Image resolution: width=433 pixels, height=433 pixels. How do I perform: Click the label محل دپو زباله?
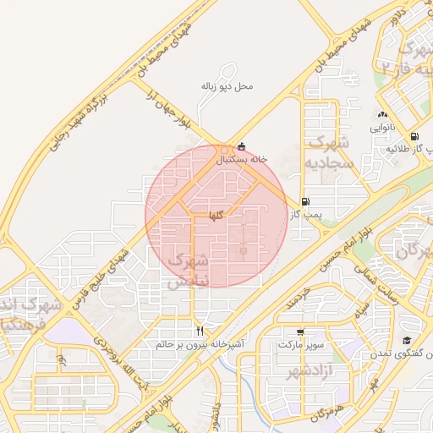[x=227, y=86]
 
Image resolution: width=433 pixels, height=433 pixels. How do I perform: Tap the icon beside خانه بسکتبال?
[x=243, y=145]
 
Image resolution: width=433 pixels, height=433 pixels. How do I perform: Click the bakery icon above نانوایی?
[x=382, y=115]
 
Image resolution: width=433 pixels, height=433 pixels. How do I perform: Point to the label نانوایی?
[x=381, y=129]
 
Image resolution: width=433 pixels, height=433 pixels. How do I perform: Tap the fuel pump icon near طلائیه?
[x=414, y=136]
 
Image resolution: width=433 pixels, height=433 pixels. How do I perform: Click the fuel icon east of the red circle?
[x=304, y=201]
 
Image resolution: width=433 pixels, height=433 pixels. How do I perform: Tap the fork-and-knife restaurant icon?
[x=200, y=331]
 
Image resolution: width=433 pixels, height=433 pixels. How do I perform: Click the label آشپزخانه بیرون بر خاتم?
[x=200, y=345]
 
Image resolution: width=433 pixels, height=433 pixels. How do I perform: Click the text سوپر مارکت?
[x=300, y=345]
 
